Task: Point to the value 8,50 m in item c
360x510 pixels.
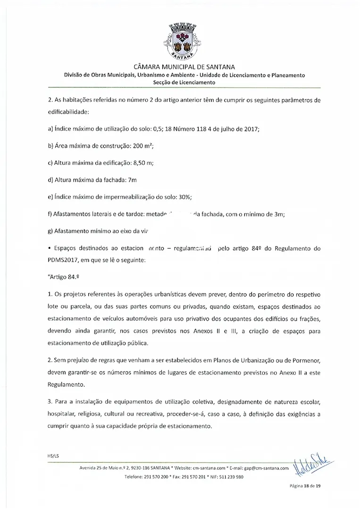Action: [x=142, y=163]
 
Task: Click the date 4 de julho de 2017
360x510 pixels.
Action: [x=233, y=129]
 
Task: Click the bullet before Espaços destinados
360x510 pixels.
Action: [x=50, y=248]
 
